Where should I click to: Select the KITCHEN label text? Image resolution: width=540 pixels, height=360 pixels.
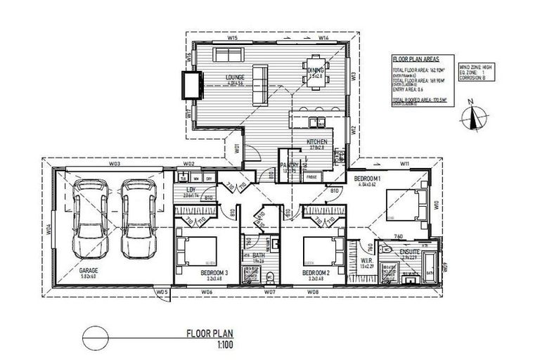(x=317, y=142)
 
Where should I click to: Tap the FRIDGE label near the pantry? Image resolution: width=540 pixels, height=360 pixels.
(x=310, y=177)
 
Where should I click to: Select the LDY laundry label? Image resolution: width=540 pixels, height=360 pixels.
(x=190, y=190)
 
